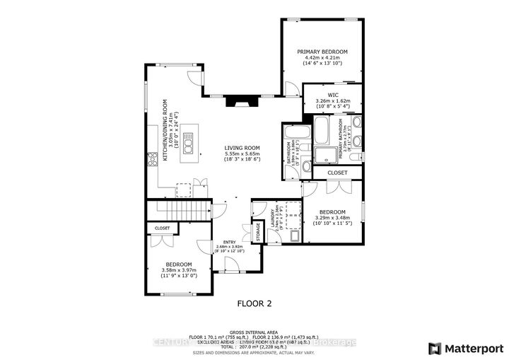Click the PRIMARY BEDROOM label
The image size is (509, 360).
click(x=322, y=52)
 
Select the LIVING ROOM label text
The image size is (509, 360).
click(x=242, y=148)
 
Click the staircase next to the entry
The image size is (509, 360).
click(x=180, y=211)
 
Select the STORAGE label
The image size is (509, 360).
click(x=257, y=232)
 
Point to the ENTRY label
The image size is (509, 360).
click(x=230, y=241)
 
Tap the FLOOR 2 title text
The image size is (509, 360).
click(x=254, y=303)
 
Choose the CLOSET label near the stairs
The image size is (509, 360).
click(x=162, y=228)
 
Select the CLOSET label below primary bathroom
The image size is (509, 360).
click(x=338, y=172)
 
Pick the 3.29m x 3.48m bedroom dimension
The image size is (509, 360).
click(x=332, y=219)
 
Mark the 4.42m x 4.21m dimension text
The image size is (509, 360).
click(x=322, y=59)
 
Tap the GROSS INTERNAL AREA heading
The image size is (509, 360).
click(x=254, y=331)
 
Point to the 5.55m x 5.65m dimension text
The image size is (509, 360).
click(x=242, y=154)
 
